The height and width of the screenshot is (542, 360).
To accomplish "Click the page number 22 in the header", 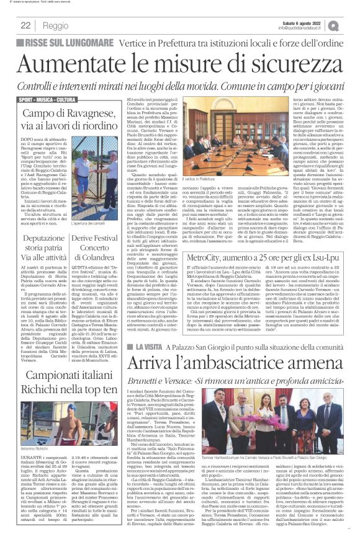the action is click(x=25, y=25).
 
